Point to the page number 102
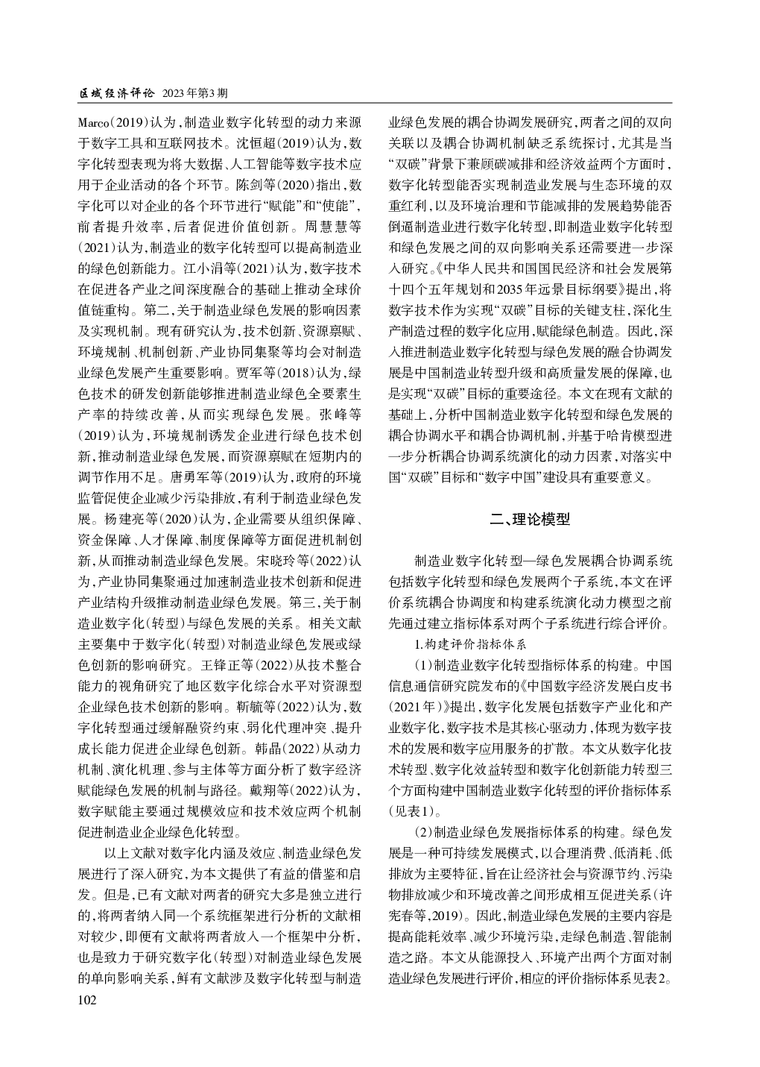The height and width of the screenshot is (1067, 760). coord(87,1001)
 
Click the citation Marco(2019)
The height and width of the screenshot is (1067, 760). coord(113,122)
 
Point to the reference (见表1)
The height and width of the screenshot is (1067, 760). coord(411,810)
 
